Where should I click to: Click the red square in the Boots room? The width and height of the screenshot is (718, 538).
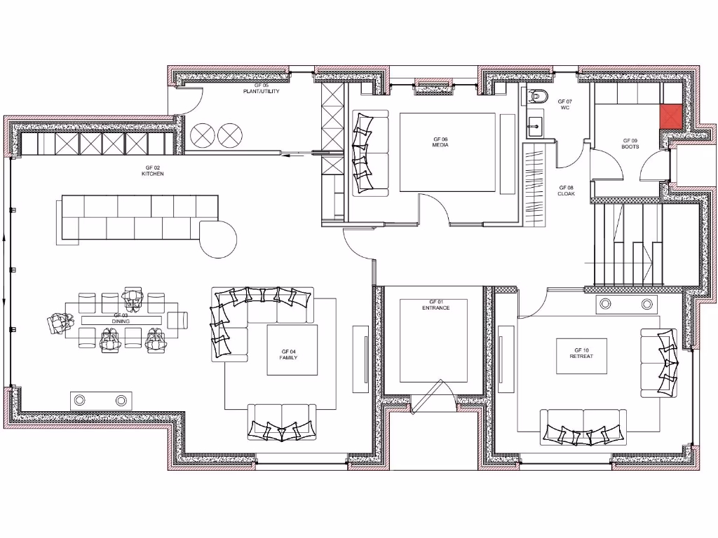[670, 118]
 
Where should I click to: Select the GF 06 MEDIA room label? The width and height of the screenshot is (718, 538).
[440, 142]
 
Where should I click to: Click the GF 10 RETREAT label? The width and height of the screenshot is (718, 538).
[581, 353]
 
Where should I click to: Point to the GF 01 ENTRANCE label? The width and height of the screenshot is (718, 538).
[435, 305]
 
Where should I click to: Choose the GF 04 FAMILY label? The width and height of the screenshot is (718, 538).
[289, 354]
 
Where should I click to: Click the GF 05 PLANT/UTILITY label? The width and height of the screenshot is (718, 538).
[256, 88]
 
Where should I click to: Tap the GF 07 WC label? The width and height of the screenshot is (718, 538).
[565, 104]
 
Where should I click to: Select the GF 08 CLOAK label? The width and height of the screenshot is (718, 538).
[566, 191]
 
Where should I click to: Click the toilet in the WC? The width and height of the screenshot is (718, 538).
[538, 95]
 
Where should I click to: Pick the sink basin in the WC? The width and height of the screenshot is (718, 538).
[536, 125]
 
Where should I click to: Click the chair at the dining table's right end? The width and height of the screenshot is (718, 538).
[178, 319]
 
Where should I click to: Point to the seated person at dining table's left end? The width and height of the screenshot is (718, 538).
[60, 322]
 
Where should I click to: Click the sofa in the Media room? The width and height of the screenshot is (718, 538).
[368, 153]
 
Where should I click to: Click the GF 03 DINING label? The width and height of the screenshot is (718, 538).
[121, 319]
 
